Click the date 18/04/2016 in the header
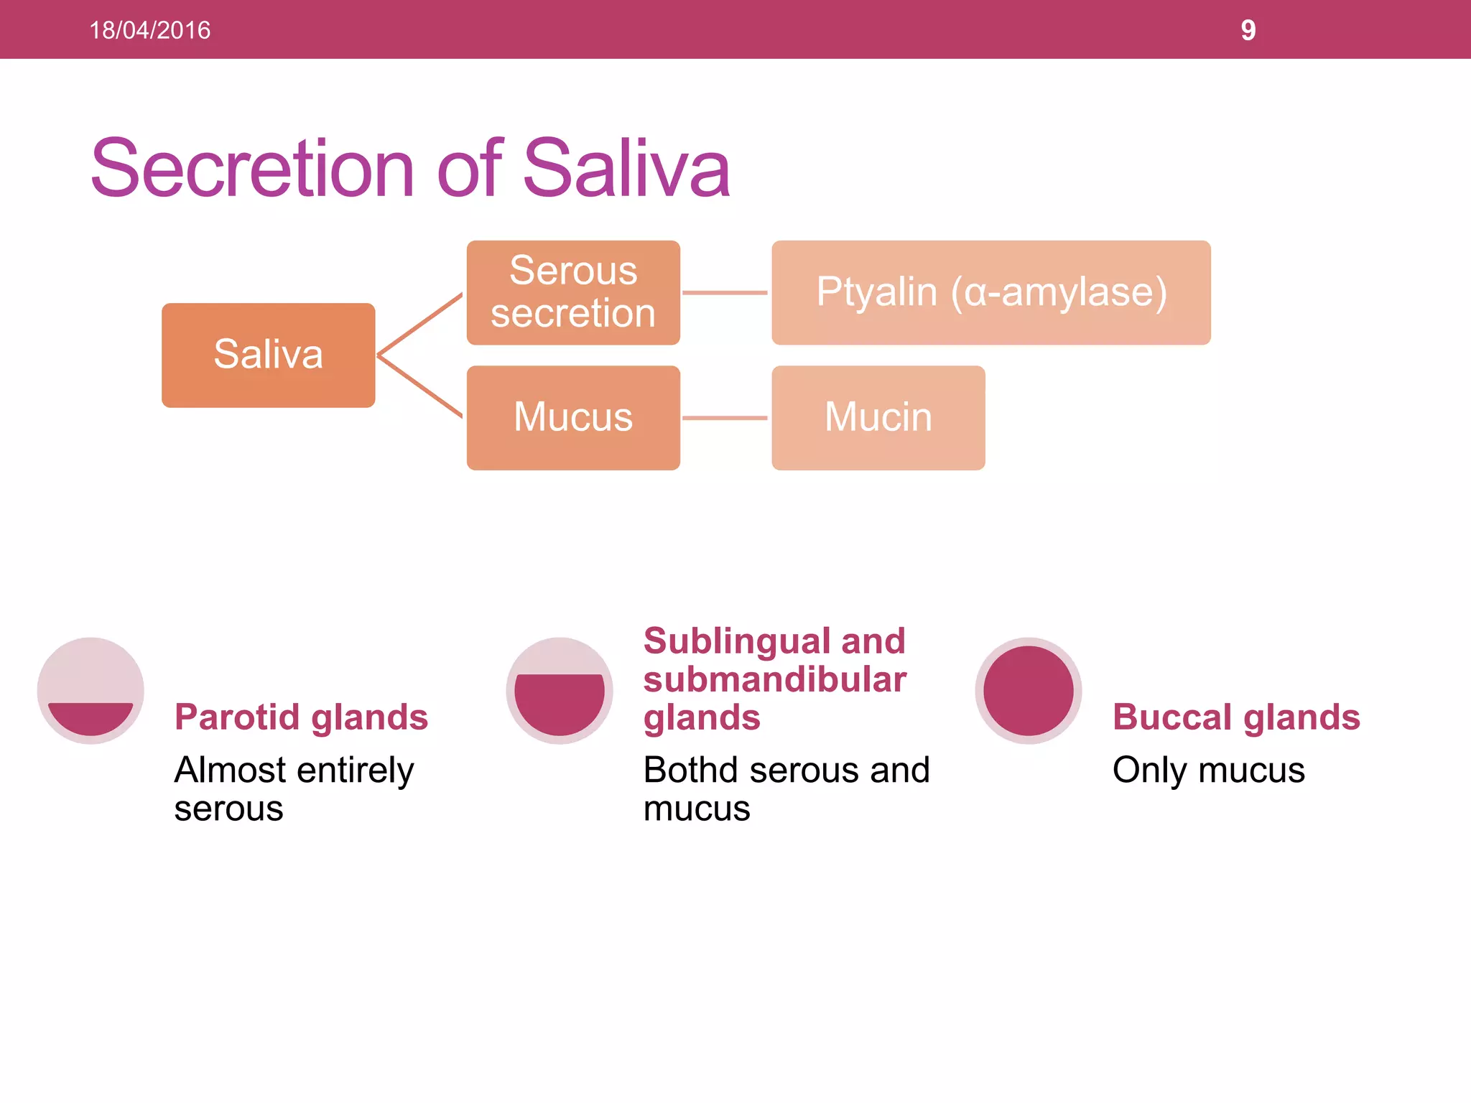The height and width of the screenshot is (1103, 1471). tap(149, 30)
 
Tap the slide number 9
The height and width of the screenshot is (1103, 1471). tap(1248, 30)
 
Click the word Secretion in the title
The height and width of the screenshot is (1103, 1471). tap(252, 168)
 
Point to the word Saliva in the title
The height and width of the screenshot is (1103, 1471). tap(626, 168)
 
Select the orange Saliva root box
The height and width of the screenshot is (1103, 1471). tap(268, 355)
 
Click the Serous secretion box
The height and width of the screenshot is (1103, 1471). tap(572, 292)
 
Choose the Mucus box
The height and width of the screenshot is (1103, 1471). tap(572, 417)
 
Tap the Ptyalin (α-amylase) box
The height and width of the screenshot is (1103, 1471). tap(990, 292)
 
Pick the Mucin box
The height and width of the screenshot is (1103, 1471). tap(878, 417)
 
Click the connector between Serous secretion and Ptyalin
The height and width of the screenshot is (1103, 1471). tap(725, 292)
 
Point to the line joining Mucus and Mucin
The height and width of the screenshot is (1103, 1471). tap(725, 417)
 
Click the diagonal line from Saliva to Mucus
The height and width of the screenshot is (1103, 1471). tap(420, 387)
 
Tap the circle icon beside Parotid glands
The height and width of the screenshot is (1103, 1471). tap(91, 690)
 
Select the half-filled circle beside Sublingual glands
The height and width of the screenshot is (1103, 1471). tap(560, 690)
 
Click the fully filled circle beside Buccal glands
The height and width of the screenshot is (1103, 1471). tap(1028, 690)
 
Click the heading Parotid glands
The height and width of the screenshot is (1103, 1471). tap(301, 717)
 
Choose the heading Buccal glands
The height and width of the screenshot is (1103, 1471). tap(1235, 717)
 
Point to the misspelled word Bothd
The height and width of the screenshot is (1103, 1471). tap(690, 770)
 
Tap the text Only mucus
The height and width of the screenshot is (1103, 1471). tap(1208, 770)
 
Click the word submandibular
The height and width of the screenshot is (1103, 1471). tap(774, 679)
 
